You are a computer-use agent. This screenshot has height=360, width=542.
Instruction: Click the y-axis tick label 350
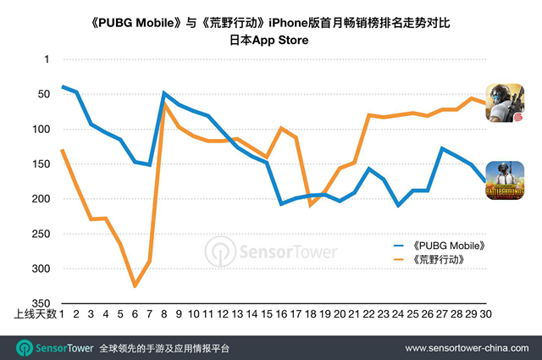pyautogui.click(x=41, y=303)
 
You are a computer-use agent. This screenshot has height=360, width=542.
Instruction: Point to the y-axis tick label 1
pyautogui.click(x=46, y=59)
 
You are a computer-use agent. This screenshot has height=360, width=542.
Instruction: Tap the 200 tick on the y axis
pyautogui.click(x=41, y=199)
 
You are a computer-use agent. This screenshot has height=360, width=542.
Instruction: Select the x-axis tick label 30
pyautogui.click(x=485, y=314)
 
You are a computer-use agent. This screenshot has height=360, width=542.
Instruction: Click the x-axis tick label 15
pyautogui.click(x=268, y=314)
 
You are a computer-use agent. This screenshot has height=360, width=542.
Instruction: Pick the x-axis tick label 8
pyautogui.click(x=163, y=314)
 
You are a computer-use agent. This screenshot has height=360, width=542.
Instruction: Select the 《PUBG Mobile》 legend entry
pyautogui.click(x=432, y=244)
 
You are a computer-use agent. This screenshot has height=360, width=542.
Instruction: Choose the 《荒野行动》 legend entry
pyautogui.click(x=428, y=258)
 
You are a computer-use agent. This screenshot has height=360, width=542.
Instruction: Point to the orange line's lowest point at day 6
pyautogui.click(x=135, y=286)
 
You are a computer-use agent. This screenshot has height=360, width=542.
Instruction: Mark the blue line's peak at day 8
pyautogui.click(x=163, y=93)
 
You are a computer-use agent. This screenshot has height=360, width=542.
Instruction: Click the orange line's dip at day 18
pyautogui.click(x=311, y=205)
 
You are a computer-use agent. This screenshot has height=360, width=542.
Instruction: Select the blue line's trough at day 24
pyautogui.click(x=398, y=205)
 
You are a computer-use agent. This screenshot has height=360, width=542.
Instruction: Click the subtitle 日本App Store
pyautogui.click(x=271, y=40)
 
